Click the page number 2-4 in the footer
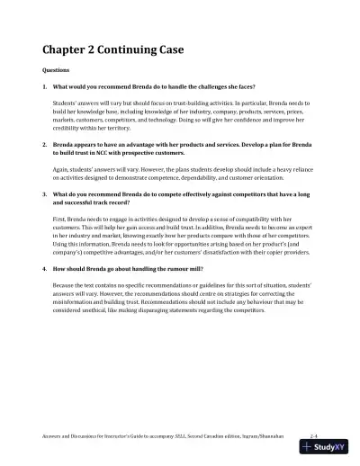[312, 434]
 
